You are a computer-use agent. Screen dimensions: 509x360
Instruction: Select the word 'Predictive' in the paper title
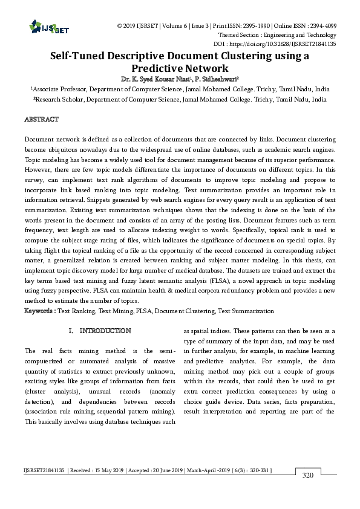coord(159,68)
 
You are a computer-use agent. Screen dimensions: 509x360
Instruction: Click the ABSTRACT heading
coord(41,120)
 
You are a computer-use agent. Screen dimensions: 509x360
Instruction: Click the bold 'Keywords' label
coord(38,311)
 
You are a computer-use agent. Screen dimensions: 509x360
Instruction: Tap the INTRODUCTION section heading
coord(105,331)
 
